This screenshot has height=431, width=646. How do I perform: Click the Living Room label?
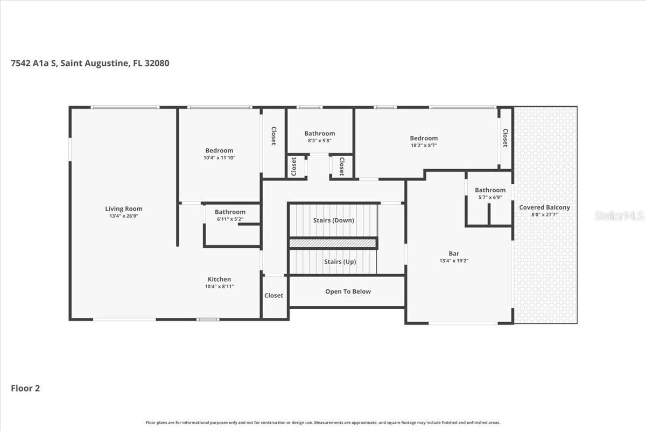[124, 208]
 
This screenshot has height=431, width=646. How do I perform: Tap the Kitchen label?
[219, 279]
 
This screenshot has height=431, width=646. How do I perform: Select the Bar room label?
[454, 253]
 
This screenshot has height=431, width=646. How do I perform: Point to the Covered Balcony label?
[544, 207]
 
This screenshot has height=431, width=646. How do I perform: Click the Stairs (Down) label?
[333, 220]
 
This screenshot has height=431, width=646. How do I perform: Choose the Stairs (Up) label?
[340, 262]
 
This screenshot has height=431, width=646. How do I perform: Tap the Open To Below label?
[348, 291]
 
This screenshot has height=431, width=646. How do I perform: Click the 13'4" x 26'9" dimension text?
[124, 216]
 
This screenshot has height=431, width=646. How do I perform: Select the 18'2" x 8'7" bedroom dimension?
[423, 145]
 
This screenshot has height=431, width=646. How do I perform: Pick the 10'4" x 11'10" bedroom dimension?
[219, 158]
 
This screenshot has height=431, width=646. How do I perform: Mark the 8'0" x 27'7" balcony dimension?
[544, 215]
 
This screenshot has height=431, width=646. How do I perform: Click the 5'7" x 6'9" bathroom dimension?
[490, 197]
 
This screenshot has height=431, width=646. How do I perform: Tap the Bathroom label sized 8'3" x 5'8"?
[319, 133]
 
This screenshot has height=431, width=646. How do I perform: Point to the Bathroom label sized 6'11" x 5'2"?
[230, 212]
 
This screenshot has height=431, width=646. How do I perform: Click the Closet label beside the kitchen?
[273, 295]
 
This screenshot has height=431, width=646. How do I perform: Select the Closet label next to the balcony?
[505, 137]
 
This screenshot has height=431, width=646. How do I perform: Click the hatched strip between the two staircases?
[333, 244]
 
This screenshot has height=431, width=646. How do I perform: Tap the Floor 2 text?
[25, 388]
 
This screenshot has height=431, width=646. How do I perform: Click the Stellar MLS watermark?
[619, 215]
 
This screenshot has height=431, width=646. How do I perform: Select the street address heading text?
[90, 63]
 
